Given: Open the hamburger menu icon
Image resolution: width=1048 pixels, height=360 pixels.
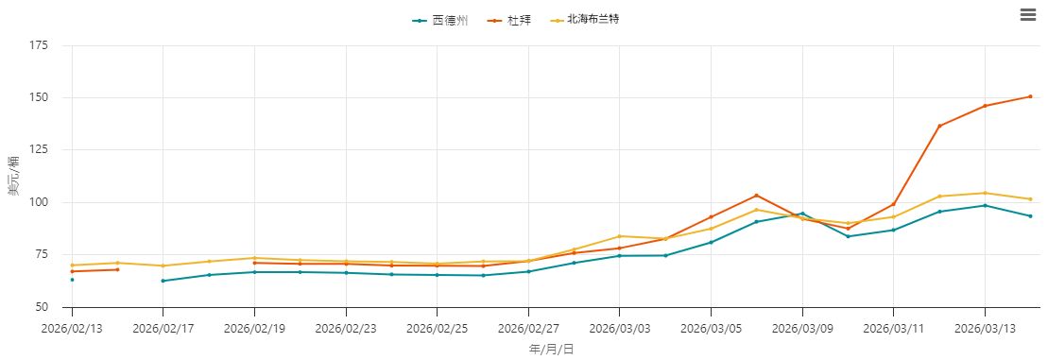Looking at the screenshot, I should [1028, 14].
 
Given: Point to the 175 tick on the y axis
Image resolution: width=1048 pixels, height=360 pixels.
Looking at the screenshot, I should [39, 45].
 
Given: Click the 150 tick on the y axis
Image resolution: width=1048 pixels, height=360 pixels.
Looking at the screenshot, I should [39, 97].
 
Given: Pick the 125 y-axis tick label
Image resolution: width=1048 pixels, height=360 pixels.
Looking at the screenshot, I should [39, 150].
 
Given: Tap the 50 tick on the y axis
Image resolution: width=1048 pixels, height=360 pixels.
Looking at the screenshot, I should [43, 307].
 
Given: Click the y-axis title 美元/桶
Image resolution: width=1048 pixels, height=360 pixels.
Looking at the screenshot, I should [13, 176].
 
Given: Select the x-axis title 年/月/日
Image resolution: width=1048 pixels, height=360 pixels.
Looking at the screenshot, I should [551, 350].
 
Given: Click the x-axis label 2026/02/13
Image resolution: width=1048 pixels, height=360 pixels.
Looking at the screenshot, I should [72, 329].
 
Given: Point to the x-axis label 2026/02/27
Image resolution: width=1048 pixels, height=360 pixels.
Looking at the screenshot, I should [528, 329].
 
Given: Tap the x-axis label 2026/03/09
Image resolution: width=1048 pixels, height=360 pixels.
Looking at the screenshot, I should [802, 329].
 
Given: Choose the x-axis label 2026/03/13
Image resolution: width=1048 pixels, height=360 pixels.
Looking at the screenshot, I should [985, 329].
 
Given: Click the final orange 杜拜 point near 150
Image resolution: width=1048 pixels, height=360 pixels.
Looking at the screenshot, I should [1030, 96].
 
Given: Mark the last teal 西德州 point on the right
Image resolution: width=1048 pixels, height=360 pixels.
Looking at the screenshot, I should [1030, 216].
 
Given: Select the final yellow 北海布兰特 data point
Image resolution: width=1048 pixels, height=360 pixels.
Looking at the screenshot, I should [1030, 199].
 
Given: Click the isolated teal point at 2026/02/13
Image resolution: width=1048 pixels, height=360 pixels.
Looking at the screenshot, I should [72, 280].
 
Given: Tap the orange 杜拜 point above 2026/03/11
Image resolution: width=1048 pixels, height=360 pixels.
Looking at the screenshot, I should [893, 204].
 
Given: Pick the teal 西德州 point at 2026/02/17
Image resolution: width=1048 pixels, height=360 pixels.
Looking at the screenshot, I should [163, 281].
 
